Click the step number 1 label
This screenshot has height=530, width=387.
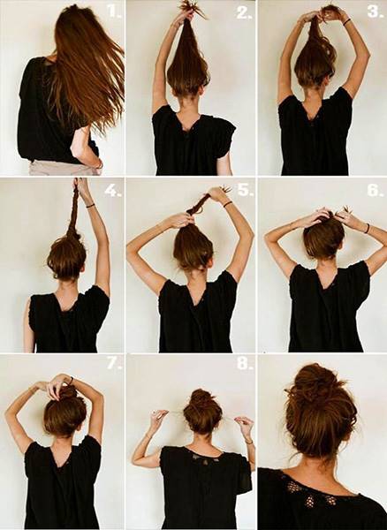pos(114,11)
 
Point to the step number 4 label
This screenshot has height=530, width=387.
pos(112,191)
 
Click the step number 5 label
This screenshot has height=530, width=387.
pos(246,190)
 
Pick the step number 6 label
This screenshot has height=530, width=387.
pos(375,190)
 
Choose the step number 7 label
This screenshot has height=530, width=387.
pos(114,364)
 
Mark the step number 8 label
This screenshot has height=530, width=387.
pos(245,364)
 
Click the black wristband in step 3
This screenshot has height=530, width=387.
pos(347,22)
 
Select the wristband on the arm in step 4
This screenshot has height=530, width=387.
pos(90,205)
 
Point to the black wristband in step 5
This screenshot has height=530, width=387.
pos(227,203)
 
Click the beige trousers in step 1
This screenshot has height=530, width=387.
pos(64,168)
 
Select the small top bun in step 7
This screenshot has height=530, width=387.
pos(68,393)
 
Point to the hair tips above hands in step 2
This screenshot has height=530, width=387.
pos(189,6)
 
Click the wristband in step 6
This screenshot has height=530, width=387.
pos(367,228)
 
